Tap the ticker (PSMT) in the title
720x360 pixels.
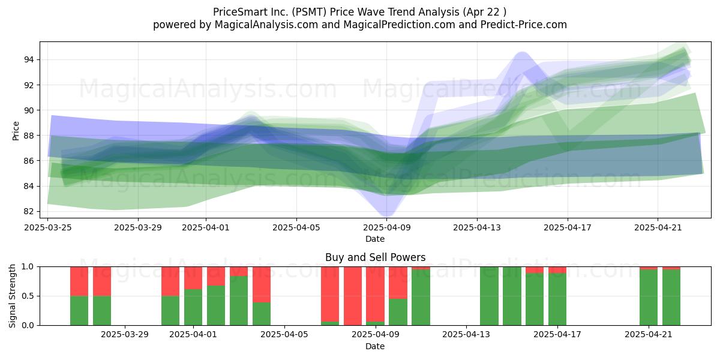[309, 12]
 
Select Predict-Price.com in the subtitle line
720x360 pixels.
[524, 25]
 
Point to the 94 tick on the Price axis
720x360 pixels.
[28, 59]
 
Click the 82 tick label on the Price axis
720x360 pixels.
[28, 211]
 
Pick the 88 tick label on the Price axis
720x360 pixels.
[28, 136]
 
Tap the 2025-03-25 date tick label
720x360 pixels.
[48, 227]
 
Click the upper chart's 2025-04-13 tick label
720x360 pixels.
[477, 227]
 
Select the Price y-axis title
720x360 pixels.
[16, 131]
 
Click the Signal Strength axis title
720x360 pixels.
[12, 296]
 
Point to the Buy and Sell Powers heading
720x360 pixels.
[375, 257]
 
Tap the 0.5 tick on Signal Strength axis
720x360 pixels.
[28, 296]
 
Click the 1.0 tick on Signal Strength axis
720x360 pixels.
[28, 267]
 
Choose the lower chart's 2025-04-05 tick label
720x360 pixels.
[284, 335]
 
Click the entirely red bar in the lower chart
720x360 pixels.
[353, 296]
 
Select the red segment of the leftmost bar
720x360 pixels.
[79, 281]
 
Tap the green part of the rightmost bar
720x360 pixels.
[671, 298]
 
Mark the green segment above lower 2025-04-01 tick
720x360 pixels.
[193, 307]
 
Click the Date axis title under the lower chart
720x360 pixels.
[375, 346]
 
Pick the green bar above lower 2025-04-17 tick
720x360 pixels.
[557, 299]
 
